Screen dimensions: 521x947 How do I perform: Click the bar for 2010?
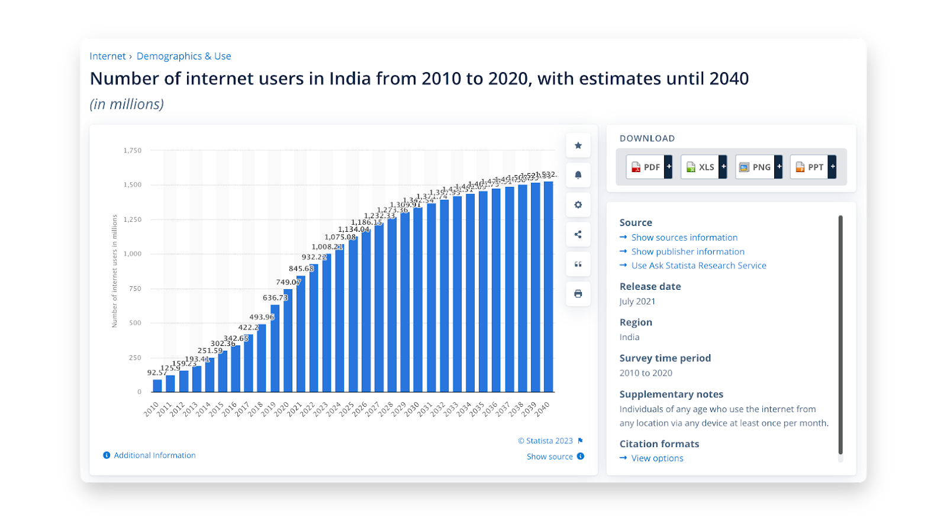[157, 386]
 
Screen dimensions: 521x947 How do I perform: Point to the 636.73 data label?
[275, 297]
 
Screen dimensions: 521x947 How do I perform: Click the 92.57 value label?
[157, 373]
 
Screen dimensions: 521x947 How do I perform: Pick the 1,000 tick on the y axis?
[133, 254]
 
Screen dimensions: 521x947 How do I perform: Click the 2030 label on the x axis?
[412, 409]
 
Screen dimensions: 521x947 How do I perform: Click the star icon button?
[578, 145]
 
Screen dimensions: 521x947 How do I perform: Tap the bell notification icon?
[578, 175]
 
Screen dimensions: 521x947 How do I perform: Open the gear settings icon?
[578, 205]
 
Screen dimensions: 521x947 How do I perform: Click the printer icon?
[578, 294]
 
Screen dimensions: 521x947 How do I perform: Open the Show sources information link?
[684, 237]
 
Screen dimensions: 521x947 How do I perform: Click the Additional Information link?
[154, 455]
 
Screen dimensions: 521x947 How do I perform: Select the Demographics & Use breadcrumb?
[183, 56]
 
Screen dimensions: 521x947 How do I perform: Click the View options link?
[657, 458]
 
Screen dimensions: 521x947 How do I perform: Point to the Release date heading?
[650, 286]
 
